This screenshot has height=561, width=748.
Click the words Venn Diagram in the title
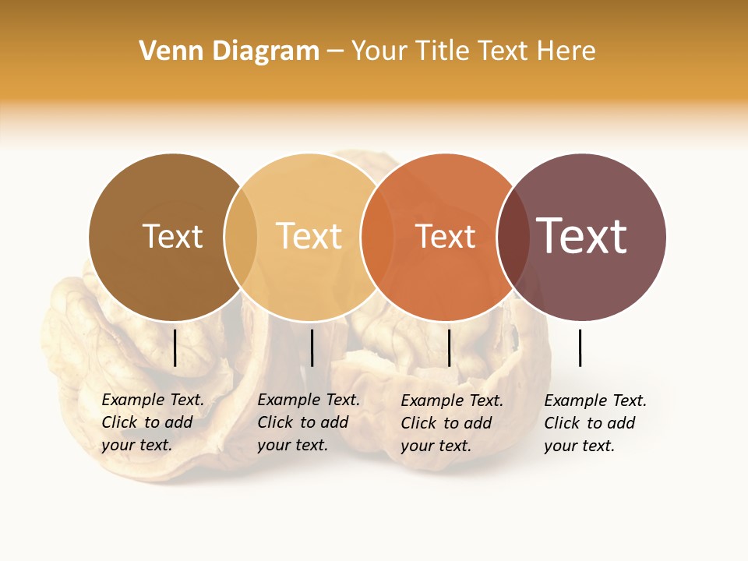229,51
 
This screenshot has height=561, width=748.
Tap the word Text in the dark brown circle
172,236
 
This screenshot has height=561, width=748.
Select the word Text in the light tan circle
309,236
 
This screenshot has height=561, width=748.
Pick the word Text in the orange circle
445,236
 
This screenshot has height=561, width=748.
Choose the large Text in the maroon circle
581,236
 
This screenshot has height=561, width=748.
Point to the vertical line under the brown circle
175,348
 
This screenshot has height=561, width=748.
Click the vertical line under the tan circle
312,348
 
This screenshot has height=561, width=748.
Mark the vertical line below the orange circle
450,348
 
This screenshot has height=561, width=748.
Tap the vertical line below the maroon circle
580,348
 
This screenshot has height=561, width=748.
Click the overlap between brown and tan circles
241,236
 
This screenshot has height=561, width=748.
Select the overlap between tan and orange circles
376,236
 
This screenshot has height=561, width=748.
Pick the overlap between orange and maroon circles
513,236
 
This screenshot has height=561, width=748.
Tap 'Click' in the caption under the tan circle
275,422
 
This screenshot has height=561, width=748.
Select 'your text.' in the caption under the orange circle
436,446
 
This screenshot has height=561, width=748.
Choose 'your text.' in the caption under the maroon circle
580,446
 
